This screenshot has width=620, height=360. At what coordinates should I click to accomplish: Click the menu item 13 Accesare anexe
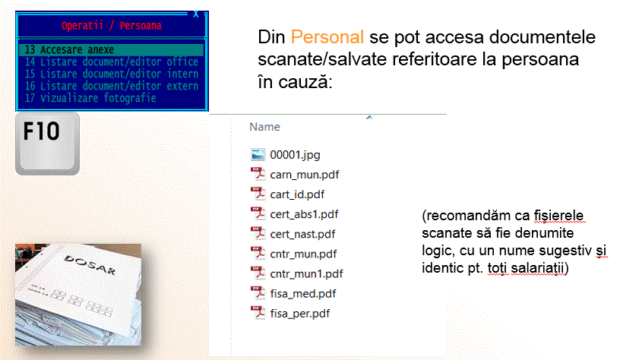pyautogui.click(x=69, y=50)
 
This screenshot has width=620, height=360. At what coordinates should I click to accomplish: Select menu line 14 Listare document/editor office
pyautogui.click(x=111, y=62)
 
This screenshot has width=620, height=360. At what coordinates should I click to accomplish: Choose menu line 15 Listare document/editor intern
pyautogui.click(x=111, y=74)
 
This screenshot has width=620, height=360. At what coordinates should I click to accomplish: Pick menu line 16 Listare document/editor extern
pyautogui.click(x=111, y=86)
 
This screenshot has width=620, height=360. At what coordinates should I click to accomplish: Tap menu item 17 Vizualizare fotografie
pyautogui.click(x=90, y=98)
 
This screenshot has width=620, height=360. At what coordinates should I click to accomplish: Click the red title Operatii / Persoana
pyautogui.click(x=112, y=26)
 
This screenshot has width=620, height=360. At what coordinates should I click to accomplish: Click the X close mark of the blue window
pyautogui.click(x=196, y=14)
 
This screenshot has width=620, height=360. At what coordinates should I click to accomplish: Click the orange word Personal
pyautogui.click(x=327, y=37)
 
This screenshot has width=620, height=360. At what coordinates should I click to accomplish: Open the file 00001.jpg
pyautogui.click(x=295, y=155)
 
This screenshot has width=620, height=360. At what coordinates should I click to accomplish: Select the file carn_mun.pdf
pyautogui.click(x=305, y=175)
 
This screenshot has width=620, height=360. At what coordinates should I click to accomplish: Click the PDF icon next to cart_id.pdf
pyautogui.click(x=258, y=194)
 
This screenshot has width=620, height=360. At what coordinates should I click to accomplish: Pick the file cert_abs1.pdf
pyautogui.click(x=304, y=214)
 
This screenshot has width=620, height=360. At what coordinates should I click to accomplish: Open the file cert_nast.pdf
pyautogui.click(x=302, y=234)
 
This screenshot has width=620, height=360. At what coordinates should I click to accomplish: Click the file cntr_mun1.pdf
pyautogui.click(x=306, y=274)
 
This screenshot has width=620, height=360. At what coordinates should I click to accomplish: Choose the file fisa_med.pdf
pyautogui.click(x=303, y=294)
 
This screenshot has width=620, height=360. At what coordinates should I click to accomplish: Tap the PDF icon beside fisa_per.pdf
pyautogui.click(x=258, y=313)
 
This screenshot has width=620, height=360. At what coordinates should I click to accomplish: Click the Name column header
pyautogui.click(x=264, y=127)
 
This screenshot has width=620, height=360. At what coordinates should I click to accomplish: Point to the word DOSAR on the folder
pyautogui.click(x=90, y=265)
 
